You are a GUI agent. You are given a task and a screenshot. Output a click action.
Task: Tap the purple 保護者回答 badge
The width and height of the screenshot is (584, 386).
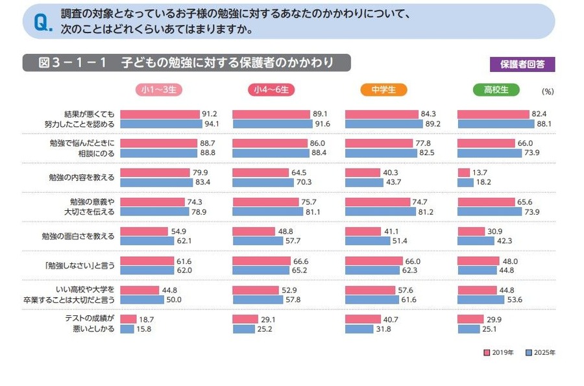pyautogui.click(x=522, y=64)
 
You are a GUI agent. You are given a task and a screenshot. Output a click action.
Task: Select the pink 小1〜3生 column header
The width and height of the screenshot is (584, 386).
pyautogui.click(x=159, y=90)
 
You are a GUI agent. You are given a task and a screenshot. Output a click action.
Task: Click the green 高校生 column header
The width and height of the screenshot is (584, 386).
pyautogui.click(x=496, y=90)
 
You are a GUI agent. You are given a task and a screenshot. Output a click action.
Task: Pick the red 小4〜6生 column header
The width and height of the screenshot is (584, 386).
pyautogui.click(x=271, y=90)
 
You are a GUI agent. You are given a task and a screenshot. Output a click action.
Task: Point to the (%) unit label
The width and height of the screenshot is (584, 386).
pyautogui.click(x=547, y=91)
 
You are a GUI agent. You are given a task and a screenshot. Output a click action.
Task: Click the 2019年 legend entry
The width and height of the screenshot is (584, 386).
pyautogui.click(x=500, y=353)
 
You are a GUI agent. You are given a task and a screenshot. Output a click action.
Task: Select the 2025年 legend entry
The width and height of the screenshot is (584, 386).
pyautogui.click(x=541, y=353)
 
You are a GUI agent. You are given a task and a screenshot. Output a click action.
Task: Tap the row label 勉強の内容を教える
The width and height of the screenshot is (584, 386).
pyautogui.click(x=82, y=177)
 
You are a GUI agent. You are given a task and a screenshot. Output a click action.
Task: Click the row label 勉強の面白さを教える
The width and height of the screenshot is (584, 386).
pyautogui.click(x=79, y=236)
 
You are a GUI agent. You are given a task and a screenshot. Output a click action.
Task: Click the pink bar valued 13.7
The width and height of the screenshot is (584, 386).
pyautogui.click(x=463, y=173)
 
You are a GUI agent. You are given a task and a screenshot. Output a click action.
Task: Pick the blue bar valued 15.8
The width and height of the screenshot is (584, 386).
pyautogui.click(x=127, y=329)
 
